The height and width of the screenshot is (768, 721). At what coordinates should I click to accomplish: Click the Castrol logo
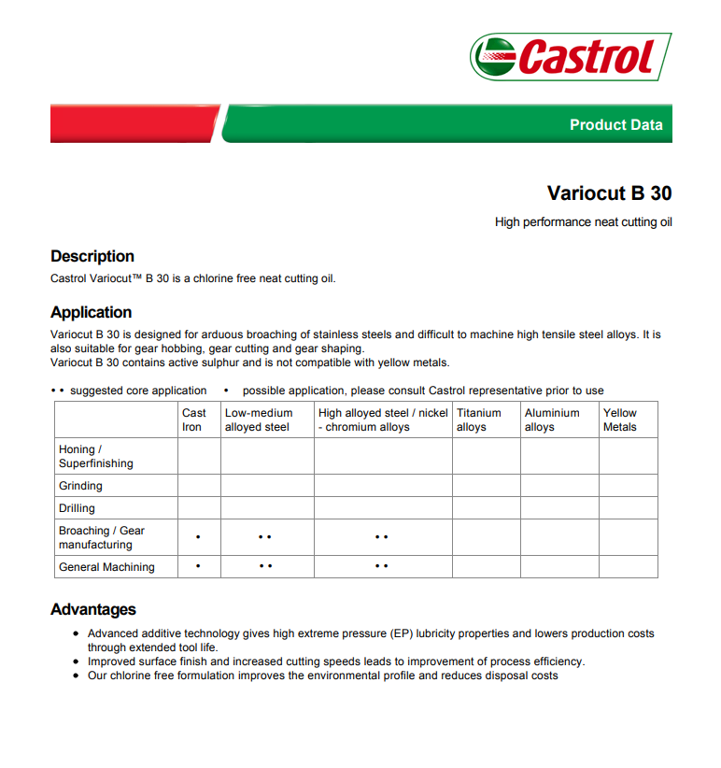tap(571, 57)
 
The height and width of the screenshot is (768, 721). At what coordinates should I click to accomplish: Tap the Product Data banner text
tap(615, 125)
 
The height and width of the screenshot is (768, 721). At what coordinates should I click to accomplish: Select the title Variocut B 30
tap(609, 193)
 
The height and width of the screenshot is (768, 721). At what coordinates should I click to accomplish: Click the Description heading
tap(92, 256)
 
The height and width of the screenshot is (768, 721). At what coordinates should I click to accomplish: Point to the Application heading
tap(92, 312)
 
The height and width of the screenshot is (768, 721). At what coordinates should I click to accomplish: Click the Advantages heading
tap(93, 609)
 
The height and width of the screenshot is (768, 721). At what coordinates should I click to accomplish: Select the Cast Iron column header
tap(194, 420)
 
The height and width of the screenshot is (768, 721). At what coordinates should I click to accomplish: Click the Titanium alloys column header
tap(479, 420)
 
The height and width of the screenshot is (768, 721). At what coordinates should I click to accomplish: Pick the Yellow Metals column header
tap(620, 420)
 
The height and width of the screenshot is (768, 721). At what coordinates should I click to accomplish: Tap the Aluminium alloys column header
tap(552, 420)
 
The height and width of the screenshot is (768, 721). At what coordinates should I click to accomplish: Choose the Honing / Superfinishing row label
tap(95, 456)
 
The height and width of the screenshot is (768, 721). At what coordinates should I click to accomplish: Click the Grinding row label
tap(80, 486)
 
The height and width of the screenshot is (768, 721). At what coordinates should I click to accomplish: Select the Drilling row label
tap(77, 508)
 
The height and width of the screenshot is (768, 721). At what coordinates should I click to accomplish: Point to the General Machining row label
tap(106, 567)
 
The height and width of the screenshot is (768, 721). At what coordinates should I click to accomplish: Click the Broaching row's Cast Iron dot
tap(198, 538)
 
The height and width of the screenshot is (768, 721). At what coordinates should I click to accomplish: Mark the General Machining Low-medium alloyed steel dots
tap(265, 567)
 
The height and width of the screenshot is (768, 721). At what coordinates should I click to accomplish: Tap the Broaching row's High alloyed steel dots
tap(381, 538)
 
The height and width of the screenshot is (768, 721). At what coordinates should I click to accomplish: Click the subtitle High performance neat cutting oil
tap(583, 222)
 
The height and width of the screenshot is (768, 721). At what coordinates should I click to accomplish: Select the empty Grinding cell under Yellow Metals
tap(628, 486)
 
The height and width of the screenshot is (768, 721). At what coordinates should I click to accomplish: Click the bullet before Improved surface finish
tap(78, 661)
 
